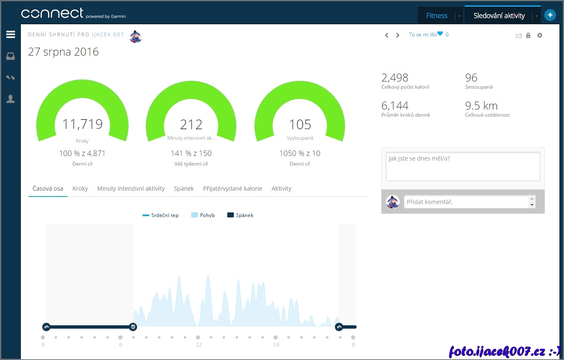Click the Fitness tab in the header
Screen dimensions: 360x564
click(x=436, y=16)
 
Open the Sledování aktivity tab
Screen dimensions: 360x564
click(x=499, y=16)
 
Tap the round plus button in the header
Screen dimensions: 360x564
click(x=550, y=15)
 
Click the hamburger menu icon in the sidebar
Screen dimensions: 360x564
click(x=10, y=35)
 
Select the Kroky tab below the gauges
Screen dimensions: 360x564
click(x=80, y=189)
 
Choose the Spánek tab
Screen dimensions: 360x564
click(x=184, y=189)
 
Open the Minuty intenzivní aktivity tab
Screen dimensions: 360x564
click(x=131, y=189)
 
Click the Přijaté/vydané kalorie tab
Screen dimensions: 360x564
click(x=232, y=189)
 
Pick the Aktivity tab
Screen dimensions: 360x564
click(x=281, y=189)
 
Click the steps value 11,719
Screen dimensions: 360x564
click(x=82, y=124)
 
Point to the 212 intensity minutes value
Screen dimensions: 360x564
click(x=191, y=125)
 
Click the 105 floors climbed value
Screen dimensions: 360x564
click(x=300, y=125)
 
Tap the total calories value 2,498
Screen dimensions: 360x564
click(x=395, y=78)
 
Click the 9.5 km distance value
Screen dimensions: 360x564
click(x=481, y=106)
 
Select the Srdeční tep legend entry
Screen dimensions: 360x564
click(x=161, y=215)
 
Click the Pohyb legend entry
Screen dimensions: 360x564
click(x=203, y=215)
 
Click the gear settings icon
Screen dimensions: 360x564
click(x=540, y=36)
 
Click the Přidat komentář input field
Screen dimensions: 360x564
click(x=466, y=202)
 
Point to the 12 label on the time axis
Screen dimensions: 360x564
click(x=198, y=345)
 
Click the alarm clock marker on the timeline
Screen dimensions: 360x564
click(x=133, y=327)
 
